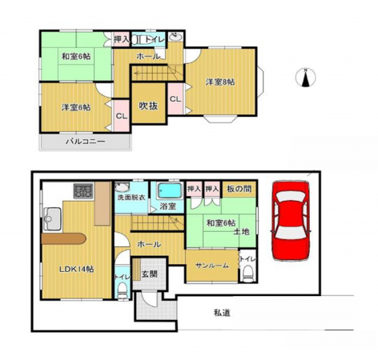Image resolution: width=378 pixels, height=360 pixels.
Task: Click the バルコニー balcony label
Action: [85, 142]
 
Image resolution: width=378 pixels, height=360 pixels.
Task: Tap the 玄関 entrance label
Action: [150, 274]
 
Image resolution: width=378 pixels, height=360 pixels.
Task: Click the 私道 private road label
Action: [223, 313]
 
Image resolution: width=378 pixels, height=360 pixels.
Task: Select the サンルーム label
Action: [207, 266]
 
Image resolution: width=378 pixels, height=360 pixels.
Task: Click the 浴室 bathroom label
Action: [167, 206]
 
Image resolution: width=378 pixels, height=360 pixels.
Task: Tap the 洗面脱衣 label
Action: [131, 197]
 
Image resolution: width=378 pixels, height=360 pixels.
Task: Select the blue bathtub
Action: [168, 191]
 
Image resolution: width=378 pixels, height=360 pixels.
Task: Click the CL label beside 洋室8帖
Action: [175, 99]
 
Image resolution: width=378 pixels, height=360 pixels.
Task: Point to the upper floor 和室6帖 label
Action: [72, 57]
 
